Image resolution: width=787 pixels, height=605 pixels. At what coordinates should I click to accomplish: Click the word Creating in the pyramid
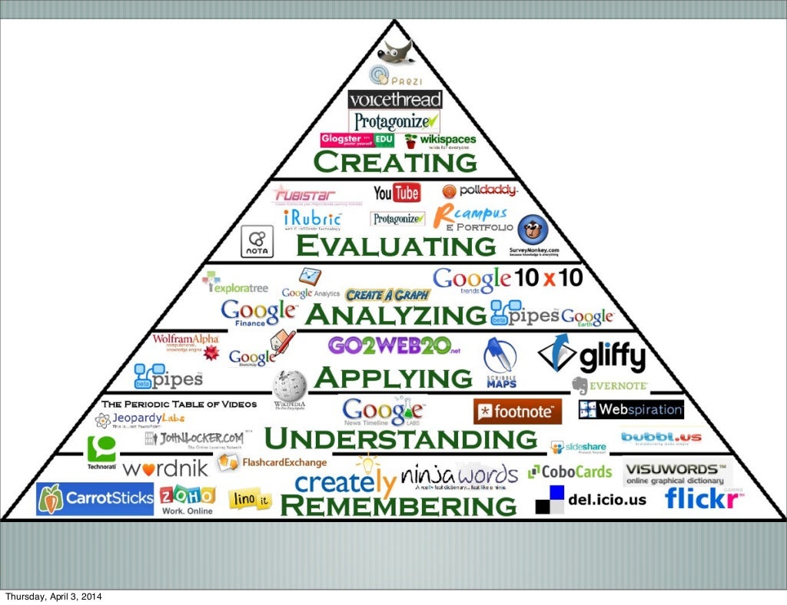[395, 163]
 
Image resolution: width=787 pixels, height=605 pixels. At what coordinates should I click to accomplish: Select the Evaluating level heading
[396, 246]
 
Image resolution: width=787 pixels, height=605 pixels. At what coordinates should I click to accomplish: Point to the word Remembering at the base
[397, 506]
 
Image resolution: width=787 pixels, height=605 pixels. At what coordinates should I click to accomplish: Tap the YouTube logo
[397, 193]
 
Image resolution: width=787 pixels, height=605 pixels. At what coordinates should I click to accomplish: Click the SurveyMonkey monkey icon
[533, 231]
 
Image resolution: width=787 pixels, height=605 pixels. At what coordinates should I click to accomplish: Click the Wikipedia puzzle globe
[290, 382]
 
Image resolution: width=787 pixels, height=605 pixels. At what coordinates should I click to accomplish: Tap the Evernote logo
[609, 385]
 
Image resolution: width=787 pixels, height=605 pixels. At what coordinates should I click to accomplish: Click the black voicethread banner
[395, 100]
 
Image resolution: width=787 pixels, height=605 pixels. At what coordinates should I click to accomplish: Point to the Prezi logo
[395, 77]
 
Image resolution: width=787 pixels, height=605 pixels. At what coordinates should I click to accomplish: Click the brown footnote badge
[517, 412]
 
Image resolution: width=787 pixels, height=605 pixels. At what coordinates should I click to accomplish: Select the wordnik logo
[164, 468]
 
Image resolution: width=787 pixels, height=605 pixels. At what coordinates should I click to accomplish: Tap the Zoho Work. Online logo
[188, 499]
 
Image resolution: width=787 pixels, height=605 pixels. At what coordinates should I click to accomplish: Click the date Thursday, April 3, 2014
[53, 597]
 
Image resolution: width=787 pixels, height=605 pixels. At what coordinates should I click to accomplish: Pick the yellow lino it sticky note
[251, 500]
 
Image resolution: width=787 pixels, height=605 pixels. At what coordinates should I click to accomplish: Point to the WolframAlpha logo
[186, 339]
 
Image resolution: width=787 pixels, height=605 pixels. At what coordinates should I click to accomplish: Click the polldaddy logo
[480, 191]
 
